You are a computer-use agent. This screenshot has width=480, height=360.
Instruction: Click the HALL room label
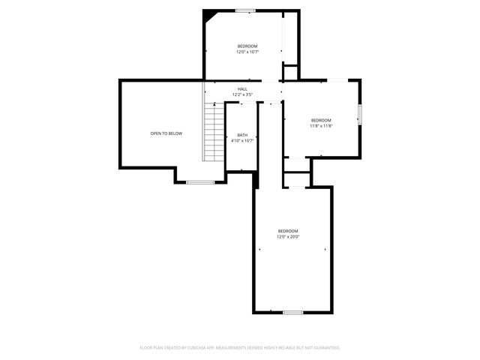pos(242,89)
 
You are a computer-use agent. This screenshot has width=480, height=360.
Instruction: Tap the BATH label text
pos(242,135)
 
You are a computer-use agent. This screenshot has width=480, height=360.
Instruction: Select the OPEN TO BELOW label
pos(166,133)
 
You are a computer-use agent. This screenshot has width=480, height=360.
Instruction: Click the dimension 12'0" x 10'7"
pos(247,52)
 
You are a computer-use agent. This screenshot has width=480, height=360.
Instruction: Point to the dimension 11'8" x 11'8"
pos(321,126)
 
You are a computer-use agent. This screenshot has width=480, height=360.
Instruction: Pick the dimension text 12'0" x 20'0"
pos(288,237)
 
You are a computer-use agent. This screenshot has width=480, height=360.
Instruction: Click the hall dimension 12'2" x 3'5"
pos(242,94)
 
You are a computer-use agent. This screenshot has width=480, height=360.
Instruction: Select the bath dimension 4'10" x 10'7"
pos(242,140)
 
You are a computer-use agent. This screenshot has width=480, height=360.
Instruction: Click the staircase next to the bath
pos(214,132)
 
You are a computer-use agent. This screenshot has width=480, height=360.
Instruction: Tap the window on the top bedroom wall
pos(245,10)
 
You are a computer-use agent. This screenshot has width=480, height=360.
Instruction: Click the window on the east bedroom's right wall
pos(360,115)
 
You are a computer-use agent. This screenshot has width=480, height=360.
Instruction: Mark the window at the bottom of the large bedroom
pos(292,312)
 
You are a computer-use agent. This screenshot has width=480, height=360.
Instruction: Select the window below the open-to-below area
pos(200,182)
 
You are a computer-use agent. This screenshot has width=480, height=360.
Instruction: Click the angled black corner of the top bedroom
pos(209,14)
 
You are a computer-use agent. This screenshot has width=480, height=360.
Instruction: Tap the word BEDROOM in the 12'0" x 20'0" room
pos(288,231)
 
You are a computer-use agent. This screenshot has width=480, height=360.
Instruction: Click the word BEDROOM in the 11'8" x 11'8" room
pos(321,121)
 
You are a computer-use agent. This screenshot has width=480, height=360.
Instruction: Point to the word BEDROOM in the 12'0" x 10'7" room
pos(247,46)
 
